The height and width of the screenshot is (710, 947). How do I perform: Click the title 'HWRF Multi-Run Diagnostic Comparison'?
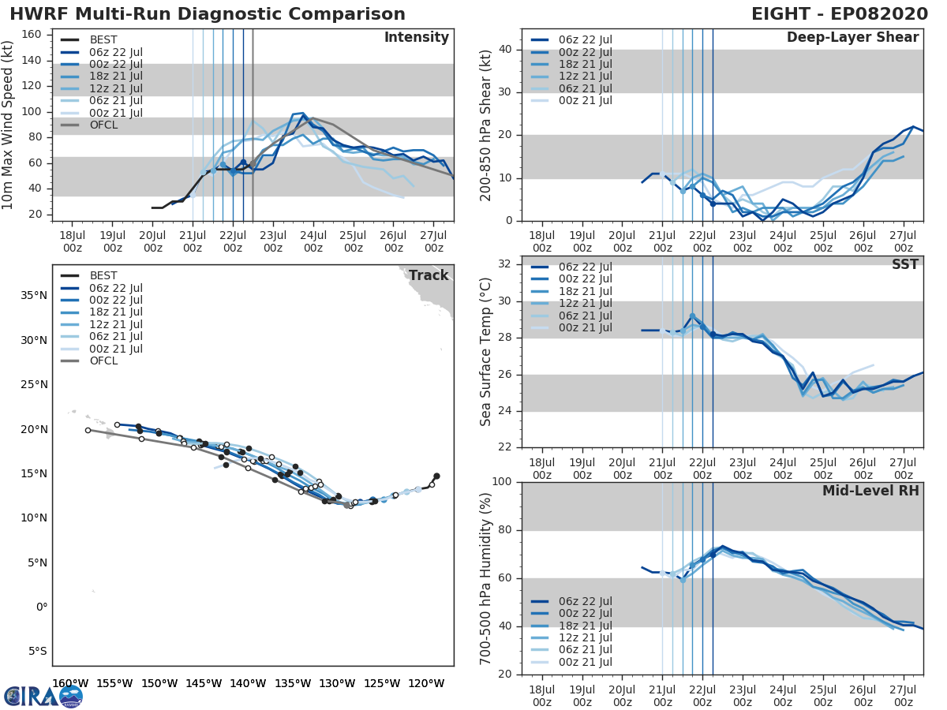coord(208,14)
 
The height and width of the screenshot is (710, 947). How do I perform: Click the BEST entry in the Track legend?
coord(105,275)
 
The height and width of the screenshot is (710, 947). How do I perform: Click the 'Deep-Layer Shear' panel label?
coord(852,38)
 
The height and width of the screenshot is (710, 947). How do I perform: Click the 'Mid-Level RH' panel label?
coord(870,491)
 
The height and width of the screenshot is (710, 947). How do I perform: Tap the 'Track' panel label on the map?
coord(429,275)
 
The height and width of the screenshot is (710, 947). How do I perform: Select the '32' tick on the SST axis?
coord(505,264)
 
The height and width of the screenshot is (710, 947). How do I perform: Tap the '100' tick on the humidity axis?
coord(502,482)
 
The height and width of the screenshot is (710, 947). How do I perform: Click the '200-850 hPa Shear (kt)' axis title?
coord(486,125)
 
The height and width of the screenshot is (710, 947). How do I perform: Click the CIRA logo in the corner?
coord(43,696)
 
